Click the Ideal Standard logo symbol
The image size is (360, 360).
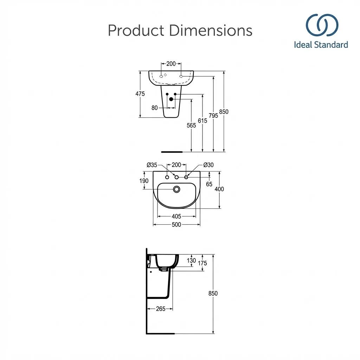(322, 25)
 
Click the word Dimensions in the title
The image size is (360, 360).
(211, 31)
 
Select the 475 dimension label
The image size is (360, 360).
(140, 94)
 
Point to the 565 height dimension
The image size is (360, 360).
(191, 126)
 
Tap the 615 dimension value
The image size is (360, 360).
(202, 121)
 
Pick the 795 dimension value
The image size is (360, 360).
(213, 115)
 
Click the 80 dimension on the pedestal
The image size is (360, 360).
(155, 108)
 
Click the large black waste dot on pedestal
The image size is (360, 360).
(171, 99)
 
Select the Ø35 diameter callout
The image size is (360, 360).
(152, 165)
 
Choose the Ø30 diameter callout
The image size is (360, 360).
(208, 165)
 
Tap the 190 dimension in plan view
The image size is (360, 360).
(144, 181)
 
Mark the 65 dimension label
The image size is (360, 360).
(209, 184)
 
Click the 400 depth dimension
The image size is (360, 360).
(219, 189)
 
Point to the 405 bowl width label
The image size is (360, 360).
(176, 216)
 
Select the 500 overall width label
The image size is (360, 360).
(176, 225)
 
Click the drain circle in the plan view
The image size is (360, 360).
(176, 189)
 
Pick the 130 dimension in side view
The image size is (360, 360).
(191, 261)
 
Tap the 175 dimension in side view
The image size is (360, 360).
(202, 263)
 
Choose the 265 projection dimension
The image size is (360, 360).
(161, 309)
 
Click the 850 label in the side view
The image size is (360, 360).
(213, 294)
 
